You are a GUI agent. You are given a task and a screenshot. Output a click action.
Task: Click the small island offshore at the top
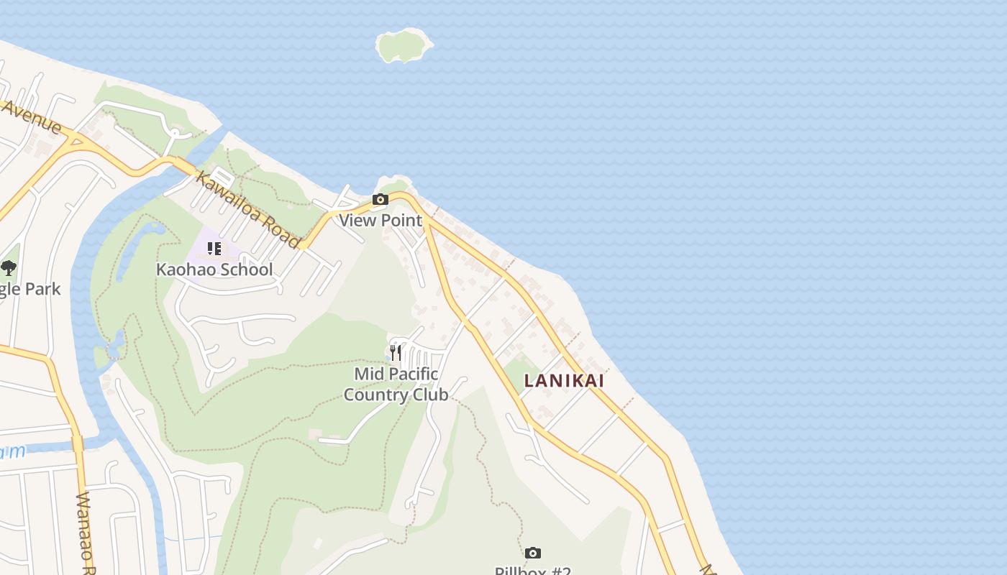pyautogui.click(x=404, y=45)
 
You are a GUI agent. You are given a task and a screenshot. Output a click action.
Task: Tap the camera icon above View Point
pyautogui.click(x=381, y=200)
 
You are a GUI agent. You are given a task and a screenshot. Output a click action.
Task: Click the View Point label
pyautogui.click(x=381, y=220)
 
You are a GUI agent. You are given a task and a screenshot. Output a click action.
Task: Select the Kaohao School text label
pyautogui.click(x=214, y=270)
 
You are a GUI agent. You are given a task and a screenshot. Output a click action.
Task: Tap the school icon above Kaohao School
pyautogui.click(x=214, y=249)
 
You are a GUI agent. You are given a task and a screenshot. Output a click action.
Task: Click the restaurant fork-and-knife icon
pyautogui.click(x=395, y=352)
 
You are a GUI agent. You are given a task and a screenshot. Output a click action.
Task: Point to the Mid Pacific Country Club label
pyautogui.click(x=396, y=384)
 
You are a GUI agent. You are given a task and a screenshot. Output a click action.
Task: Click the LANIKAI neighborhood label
pyautogui.click(x=564, y=381)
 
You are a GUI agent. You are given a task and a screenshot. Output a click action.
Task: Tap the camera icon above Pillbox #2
pyautogui.click(x=532, y=553)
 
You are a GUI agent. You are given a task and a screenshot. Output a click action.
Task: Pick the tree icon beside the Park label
pyautogui.click(x=9, y=269)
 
